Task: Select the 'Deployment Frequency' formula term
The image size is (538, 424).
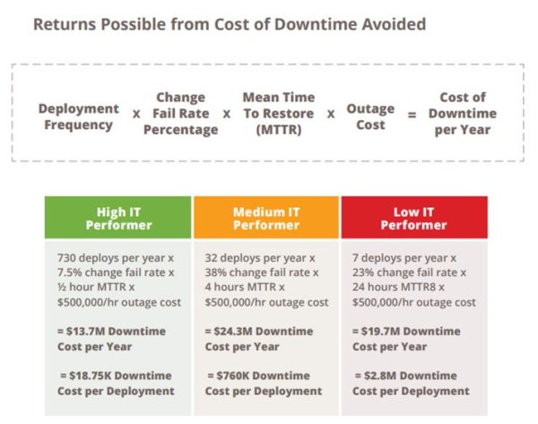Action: pyautogui.click(x=78, y=117)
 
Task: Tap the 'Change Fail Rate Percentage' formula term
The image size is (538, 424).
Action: pyautogui.click(x=180, y=113)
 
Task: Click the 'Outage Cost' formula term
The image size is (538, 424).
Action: pyautogui.click(x=370, y=117)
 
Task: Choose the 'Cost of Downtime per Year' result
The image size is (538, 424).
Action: pyautogui.click(x=463, y=113)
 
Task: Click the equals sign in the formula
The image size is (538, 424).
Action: pyautogui.click(x=412, y=115)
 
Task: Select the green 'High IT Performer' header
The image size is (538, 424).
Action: pyautogui.click(x=118, y=218)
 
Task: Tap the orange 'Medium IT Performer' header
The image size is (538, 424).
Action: pyautogui.click(x=266, y=218)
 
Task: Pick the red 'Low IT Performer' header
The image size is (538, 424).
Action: pyautogui.click(x=413, y=218)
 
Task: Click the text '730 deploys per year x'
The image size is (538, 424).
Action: pyautogui.click(x=115, y=256)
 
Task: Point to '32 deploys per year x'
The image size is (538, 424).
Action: pyautogui.click(x=260, y=256)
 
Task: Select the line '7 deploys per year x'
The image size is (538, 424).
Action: pyautogui.click(x=404, y=256)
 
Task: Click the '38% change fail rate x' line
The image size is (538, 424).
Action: pyautogui.click(x=261, y=272)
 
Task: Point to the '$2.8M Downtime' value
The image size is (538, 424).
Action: pyautogui.click(x=405, y=376)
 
